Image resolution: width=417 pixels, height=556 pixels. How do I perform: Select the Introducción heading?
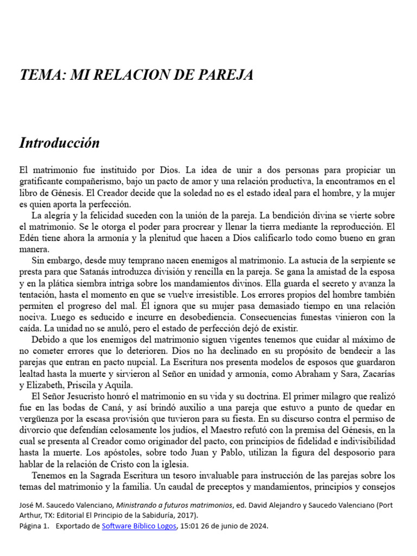pos(60,143)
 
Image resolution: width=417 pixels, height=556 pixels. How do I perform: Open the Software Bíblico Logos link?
pos(139,526)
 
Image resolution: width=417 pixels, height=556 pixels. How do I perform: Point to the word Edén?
pos(30,238)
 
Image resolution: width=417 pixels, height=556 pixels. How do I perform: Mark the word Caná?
pos(113,407)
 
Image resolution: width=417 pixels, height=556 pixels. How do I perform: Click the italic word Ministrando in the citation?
pos(142,505)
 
